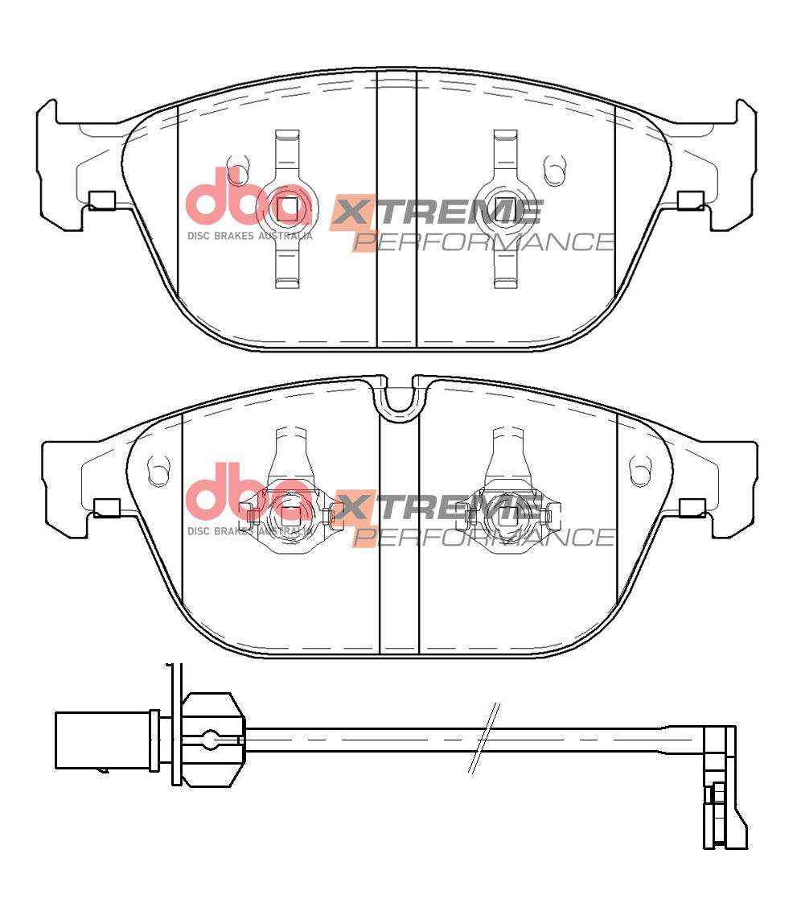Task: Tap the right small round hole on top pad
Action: (x=552, y=169)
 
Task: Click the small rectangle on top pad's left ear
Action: (x=102, y=200)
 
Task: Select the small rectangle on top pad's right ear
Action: (x=690, y=200)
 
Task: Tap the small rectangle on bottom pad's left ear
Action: (x=106, y=508)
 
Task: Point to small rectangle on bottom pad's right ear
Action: (x=692, y=508)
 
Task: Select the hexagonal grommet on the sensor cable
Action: (x=212, y=739)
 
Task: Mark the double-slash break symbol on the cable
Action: (x=484, y=739)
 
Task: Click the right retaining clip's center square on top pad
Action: (x=505, y=206)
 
